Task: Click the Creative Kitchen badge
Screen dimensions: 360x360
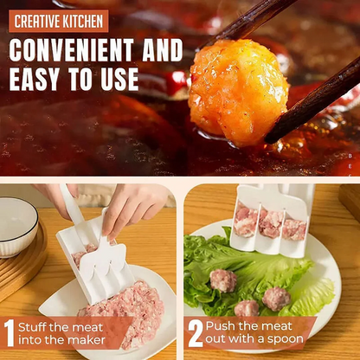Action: pyautogui.click(x=59, y=21)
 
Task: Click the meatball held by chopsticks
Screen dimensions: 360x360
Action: pyautogui.click(x=238, y=91)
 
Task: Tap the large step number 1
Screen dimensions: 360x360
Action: pyautogui.click(x=10, y=334)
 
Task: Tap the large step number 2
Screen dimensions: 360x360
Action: pyautogui.click(x=195, y=334)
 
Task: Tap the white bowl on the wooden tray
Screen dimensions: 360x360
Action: pyautogui.click(x=17, y=226)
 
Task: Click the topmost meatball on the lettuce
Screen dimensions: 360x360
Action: pyautogui.click(x=223, y=280)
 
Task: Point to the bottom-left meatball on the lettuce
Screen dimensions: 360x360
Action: pyautogui.click(x=246, y=309)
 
